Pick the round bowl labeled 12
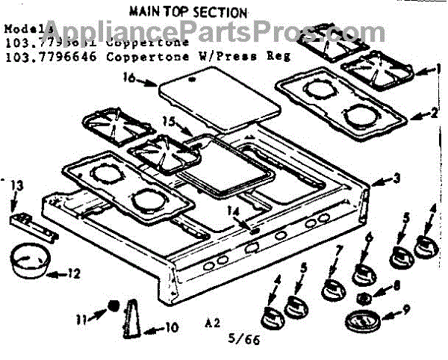pos(30,257)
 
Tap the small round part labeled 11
pos(114,305)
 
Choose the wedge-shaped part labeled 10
pos(133,315)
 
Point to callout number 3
pos(396,179)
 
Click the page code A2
pos(214,324)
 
